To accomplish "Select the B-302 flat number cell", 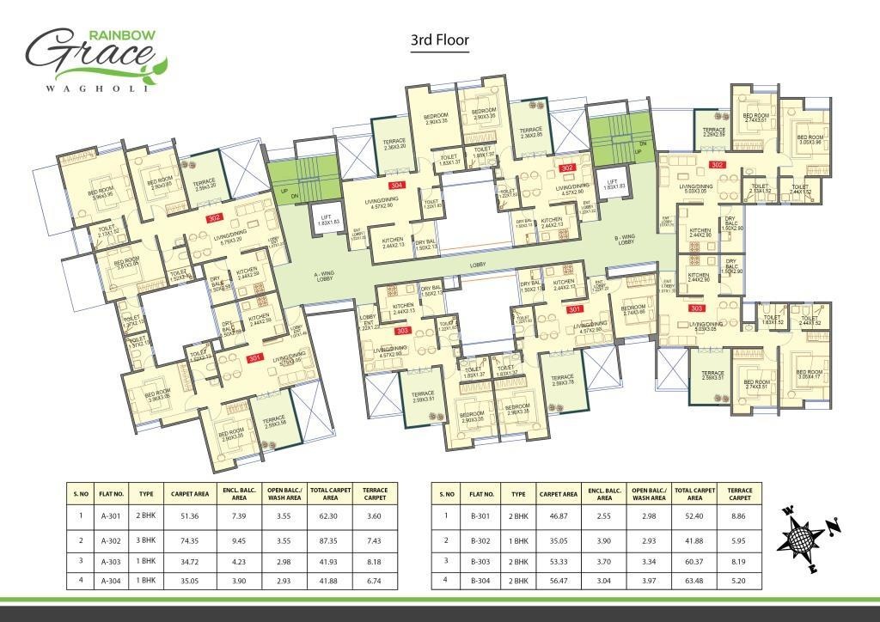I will click(x=481, y=540).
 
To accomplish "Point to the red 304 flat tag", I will click(x=395, y=185).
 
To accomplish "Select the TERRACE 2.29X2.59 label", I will click(x=715, y=132).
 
